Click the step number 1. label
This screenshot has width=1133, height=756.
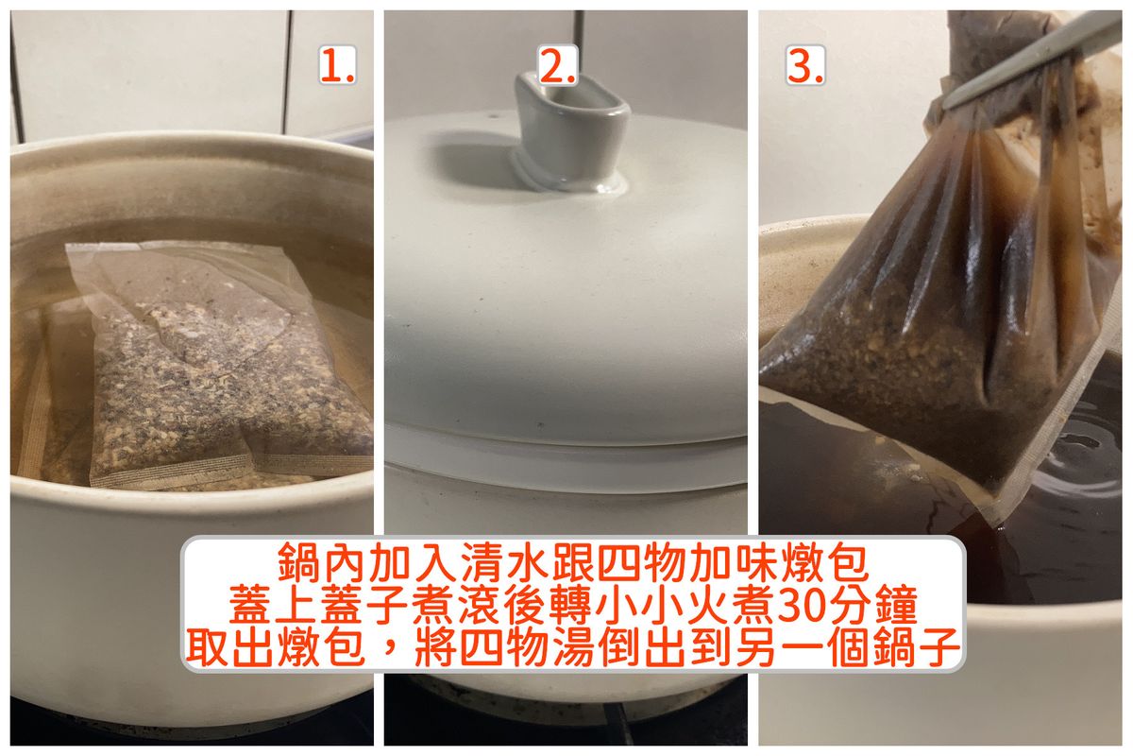tap(338, 65)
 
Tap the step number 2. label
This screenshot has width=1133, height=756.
tap(558, 65)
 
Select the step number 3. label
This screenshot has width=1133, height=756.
tap(805, 65)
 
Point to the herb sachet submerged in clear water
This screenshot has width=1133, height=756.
tap(223, 365)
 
